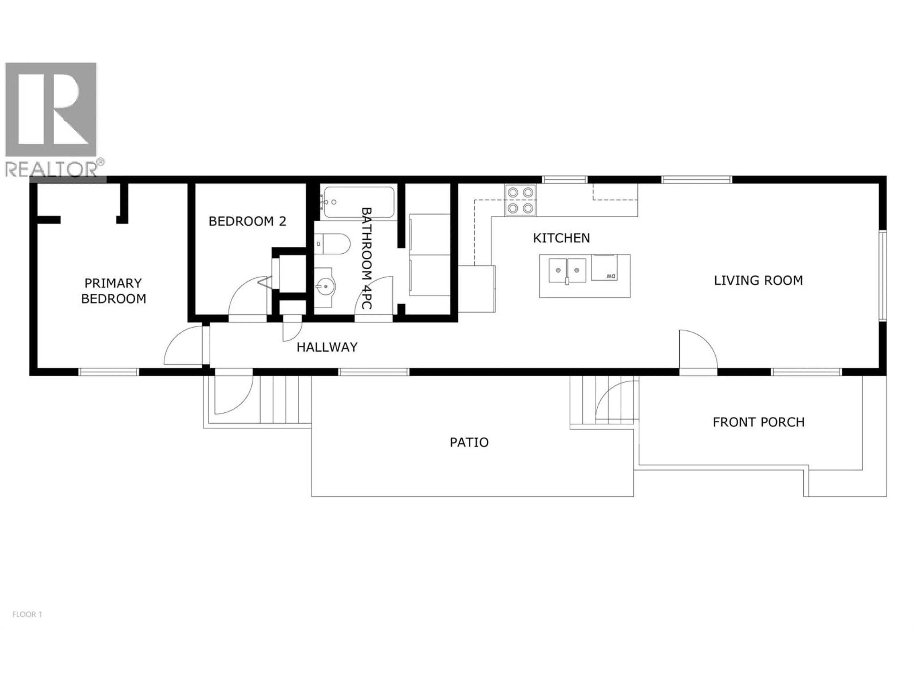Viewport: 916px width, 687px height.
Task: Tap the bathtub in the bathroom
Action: pyautogui.click(x=359, y=202)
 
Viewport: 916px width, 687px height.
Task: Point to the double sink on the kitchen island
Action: pyautogui.click(x=567, y=271)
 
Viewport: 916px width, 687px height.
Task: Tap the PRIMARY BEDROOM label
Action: pyautogui.click(x=114, y=291)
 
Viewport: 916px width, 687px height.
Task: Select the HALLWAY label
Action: pyautogui.click(x=327, y=347)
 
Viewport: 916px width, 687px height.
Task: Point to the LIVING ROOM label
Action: pyautogui.click(x=758, y=280)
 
